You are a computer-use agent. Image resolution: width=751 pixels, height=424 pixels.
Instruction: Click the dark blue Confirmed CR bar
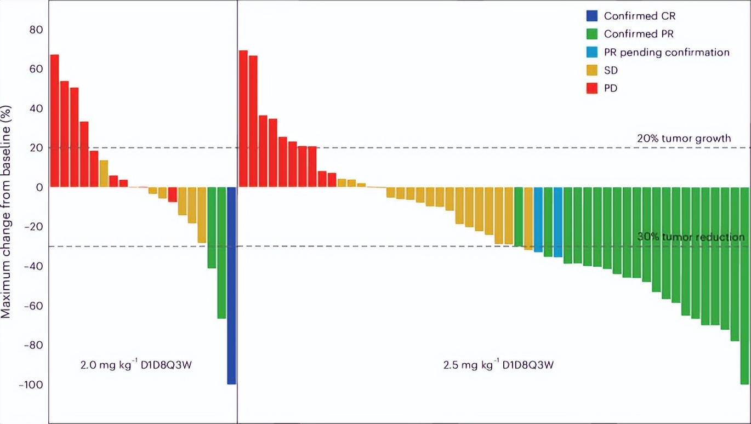click(x=231, y=285)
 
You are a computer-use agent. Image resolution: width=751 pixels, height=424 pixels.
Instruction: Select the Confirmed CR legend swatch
click(x=592, y=15)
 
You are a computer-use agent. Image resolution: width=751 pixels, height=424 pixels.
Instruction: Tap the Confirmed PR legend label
click(x=639, y=34)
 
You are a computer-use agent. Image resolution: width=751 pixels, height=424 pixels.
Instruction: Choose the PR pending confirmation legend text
click(x=667, y=53)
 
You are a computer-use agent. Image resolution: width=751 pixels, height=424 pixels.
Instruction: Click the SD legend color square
click(x=592, y=70)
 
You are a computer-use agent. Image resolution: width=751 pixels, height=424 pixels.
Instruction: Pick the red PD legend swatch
click(x=592, y=88)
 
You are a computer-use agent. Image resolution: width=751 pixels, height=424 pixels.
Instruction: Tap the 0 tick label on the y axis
click(x=39, y=187)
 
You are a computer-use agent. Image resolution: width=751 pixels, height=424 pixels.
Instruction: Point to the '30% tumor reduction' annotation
click(x=691, y=237)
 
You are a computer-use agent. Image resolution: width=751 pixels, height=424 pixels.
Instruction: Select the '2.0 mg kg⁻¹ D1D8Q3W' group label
click(x=136, y=365)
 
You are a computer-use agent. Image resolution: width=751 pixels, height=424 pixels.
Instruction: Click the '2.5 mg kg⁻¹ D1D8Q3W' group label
click(x=498, y=365)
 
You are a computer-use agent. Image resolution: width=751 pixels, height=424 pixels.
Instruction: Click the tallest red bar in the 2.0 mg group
click(x=54, y=121)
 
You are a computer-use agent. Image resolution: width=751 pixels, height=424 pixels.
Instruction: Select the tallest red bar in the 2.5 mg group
click(x=243, y=118)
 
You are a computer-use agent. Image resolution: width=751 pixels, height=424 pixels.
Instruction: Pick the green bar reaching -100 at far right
click(x=744, y=285)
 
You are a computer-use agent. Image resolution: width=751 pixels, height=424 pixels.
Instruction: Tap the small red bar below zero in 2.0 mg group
click(x=172, y=194)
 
